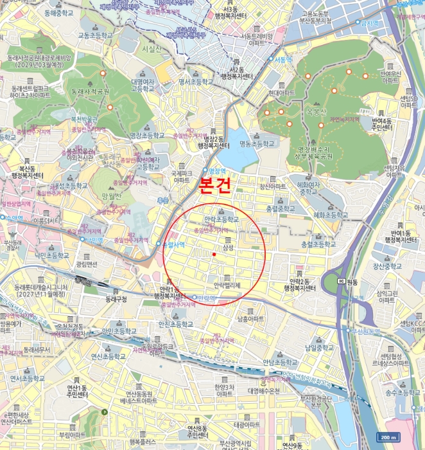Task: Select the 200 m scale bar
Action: pyautogui.click(x=387, y=437)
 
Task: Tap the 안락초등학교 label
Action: pyautogui.click(x=221, y=219)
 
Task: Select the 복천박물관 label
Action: pyautogui.click(x=83, y=119)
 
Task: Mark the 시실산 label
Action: pyautogui.click(x=152, y=49)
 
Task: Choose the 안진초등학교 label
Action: pyautogui.click(x=175, y=325)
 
